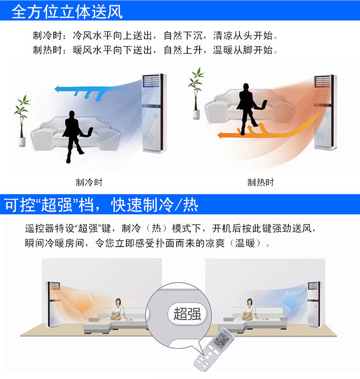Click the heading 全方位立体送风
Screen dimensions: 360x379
67,11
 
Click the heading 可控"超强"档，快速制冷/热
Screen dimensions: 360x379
102,205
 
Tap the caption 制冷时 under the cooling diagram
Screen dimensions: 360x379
89,182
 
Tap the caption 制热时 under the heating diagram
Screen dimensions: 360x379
261,182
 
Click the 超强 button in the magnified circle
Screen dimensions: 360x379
187,314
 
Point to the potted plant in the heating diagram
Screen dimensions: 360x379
197,93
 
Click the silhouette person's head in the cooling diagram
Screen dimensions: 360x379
72,114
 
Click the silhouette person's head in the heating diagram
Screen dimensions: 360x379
246,87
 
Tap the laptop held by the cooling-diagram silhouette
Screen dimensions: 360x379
87,132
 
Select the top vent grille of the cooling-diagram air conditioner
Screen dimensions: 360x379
151,81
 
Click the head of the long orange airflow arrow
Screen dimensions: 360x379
220,135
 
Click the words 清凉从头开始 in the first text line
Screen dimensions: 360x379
243,36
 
